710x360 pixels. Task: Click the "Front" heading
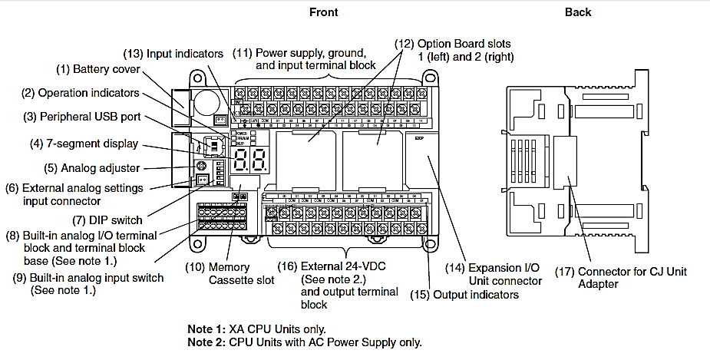323,12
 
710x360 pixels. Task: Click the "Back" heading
578,12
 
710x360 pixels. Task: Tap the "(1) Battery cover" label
97,70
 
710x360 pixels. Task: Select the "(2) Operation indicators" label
80,93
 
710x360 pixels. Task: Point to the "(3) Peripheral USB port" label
82,117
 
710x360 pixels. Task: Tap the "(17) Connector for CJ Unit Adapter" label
632,278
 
